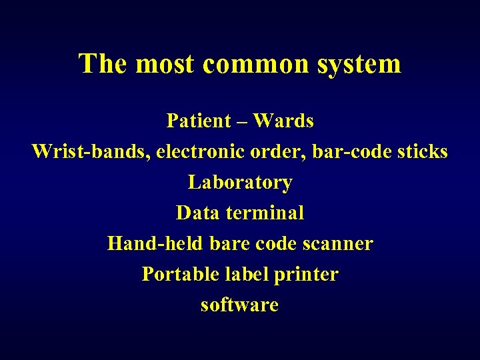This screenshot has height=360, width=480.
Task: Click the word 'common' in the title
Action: point(251,65)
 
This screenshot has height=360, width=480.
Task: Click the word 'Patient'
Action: point(198,121)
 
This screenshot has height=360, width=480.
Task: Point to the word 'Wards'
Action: point(283,121)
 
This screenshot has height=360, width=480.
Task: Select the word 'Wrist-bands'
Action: point(91,152)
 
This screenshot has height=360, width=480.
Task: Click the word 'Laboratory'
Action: point(240,183)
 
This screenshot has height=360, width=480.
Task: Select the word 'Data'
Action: point(198,213)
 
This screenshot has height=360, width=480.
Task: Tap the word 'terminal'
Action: point(265,213)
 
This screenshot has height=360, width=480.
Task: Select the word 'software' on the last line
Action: point(239,305)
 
